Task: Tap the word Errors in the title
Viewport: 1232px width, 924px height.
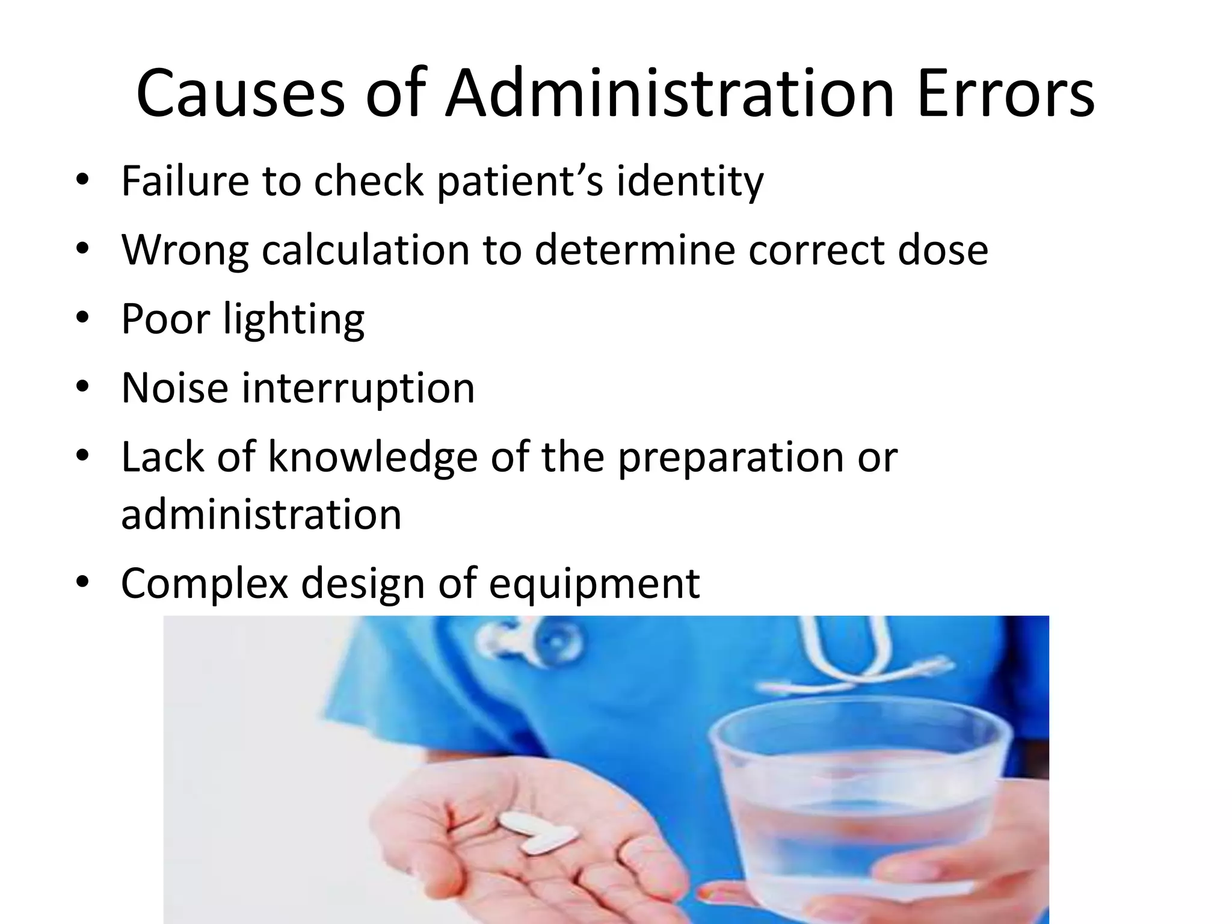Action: (x=1005, y=94)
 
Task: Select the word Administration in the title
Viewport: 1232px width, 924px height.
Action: (x=670, y=94)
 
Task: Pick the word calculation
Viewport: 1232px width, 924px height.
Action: (x=365, y=250)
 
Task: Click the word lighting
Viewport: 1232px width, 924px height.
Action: (x=294, y=319)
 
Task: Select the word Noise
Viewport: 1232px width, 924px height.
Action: (x=174, y=387)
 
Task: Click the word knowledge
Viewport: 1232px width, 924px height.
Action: (x=372, y=457)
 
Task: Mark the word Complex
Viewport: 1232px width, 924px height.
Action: (x=205, y=584)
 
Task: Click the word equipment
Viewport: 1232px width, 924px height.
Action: (x=594, y=585)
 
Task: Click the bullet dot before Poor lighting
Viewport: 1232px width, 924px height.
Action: (x=82, y=317)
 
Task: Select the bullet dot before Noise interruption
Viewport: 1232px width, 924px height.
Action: (x=82, y=386)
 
